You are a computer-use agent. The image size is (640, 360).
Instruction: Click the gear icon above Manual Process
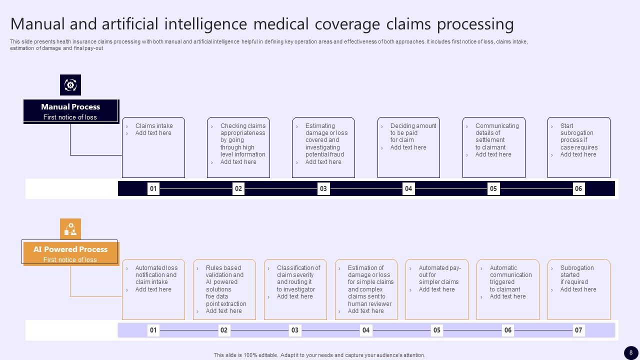pyautogui.click(x=70, y=85)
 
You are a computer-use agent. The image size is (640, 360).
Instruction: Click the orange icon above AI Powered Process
pyautogui.click(x=70, y=229)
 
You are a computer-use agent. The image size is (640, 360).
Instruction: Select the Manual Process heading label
pyautogui.click(x=70, y=107)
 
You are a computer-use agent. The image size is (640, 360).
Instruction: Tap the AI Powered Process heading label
pyautogui.click(x=70, y=249)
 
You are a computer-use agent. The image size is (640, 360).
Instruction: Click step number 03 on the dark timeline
pyautogui.click(x=323, y=188)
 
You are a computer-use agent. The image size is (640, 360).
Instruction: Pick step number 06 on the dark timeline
pyautogui.click(x=578, y=188)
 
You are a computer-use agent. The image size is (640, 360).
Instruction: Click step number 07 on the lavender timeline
pyautogui.click(x=578, y=330)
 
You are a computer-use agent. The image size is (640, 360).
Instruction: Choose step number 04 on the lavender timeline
pyautogui.click(x=366, y=330)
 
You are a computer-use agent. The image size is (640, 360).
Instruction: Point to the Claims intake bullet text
pyautogui.click(x=154, y=126)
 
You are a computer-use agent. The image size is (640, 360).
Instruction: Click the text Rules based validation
pyautogui.click(x=223, y=271)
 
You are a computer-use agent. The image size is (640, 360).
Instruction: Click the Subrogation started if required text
pyautogui.click(x=576, y=275)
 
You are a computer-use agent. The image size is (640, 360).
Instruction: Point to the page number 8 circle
pyautogui.click(x=631, y=352)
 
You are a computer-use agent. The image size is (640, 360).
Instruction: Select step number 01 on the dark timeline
pyautogui.click(x=153, y=188)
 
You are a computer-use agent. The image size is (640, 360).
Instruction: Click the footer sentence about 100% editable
pyautogui.click(x=319, y=355)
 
